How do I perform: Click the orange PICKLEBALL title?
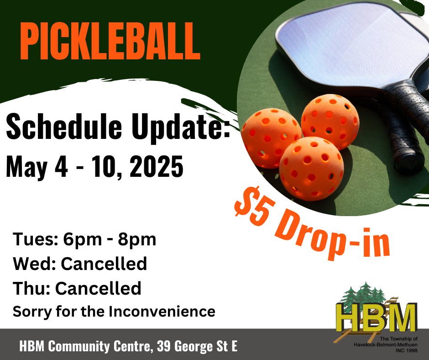(110, 41)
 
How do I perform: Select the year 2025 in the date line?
(156, 166)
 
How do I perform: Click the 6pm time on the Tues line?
(82, 240)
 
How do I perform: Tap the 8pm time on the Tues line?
(137, 240)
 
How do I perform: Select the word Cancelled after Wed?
(104, 264)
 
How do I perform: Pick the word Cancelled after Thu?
(98, 288)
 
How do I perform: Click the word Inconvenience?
(162, 312)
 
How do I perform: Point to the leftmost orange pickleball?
(271, 138)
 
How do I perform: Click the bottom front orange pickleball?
(311, 169)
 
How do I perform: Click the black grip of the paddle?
(405, 129)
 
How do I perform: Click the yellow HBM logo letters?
(377, 317)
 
